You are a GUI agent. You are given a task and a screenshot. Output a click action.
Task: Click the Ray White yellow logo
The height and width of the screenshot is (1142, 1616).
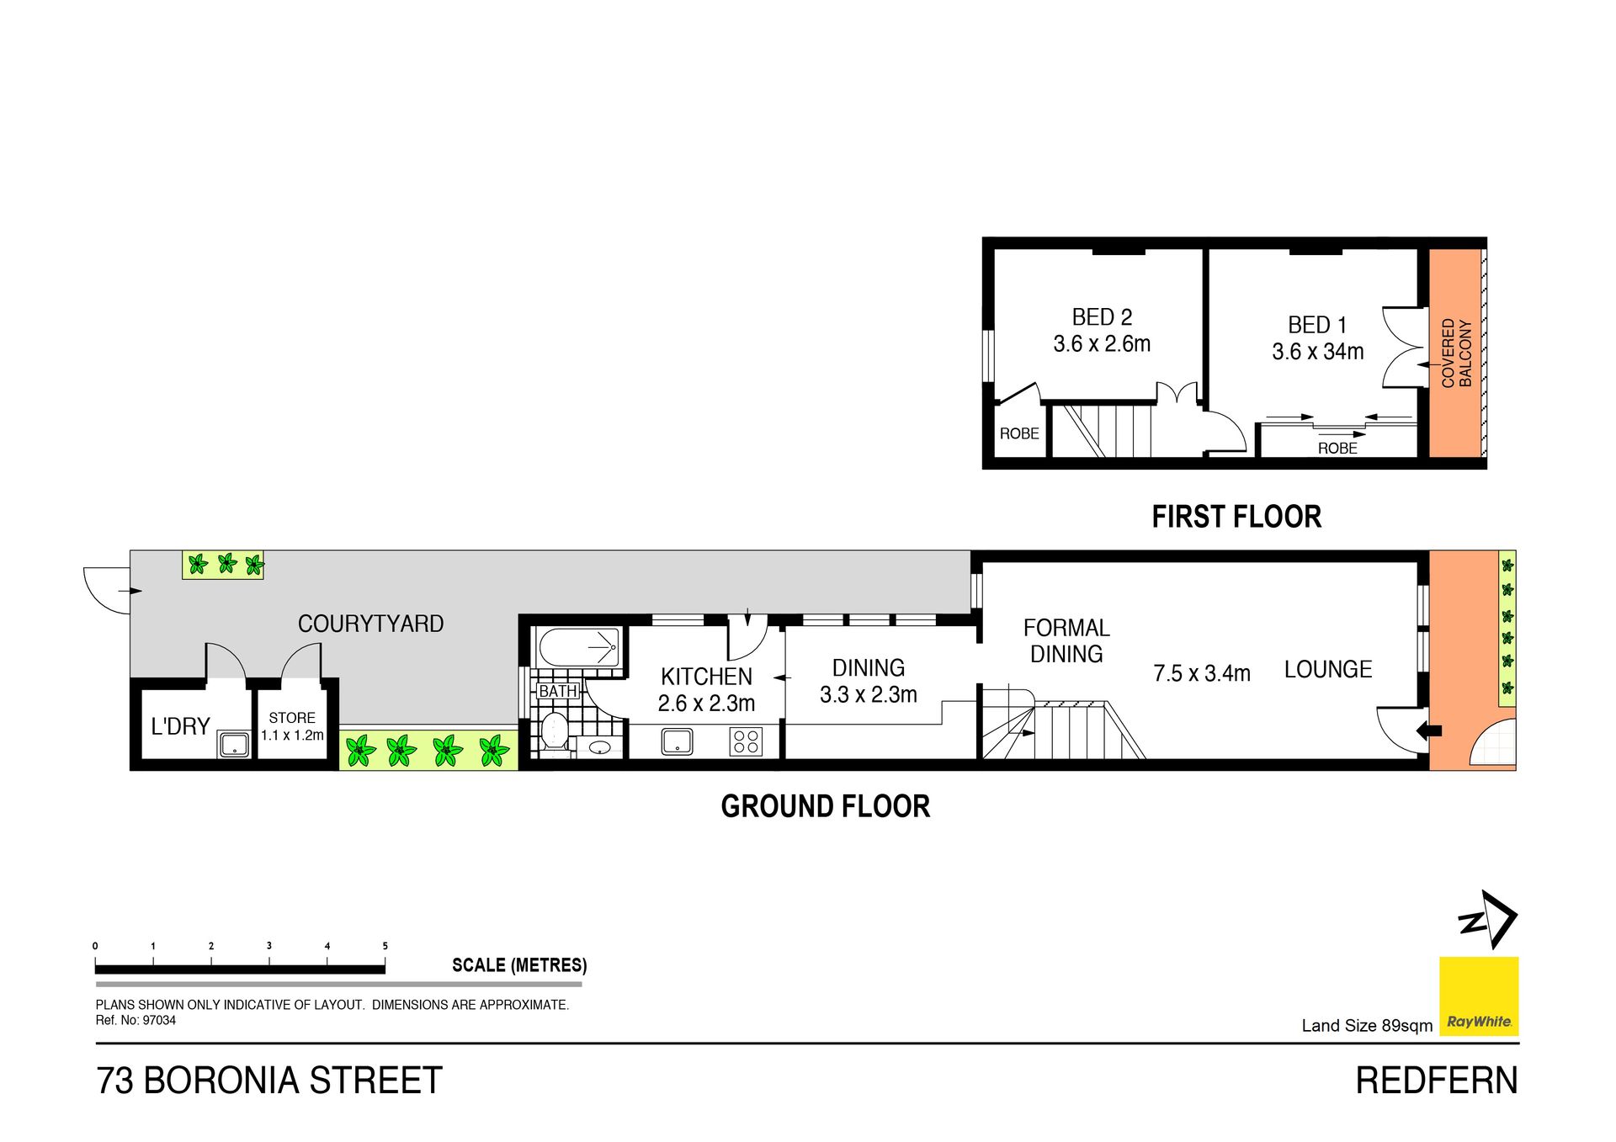point(1479,996)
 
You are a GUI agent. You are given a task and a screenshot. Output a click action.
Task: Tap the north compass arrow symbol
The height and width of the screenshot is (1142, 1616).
point(1487,919)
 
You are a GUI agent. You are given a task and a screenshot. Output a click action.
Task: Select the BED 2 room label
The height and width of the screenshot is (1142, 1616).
point(1102,317)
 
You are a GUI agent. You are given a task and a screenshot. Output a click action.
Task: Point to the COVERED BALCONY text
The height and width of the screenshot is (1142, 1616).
point(1457,353)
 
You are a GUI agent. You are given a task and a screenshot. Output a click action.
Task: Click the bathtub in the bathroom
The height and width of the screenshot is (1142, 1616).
point(580,647)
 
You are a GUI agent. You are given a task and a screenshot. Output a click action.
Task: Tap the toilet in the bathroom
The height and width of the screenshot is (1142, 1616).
point(554,731)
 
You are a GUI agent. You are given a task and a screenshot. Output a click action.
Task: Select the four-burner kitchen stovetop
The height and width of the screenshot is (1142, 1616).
point(747,741)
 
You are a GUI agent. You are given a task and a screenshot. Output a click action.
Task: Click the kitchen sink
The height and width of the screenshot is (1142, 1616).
point(677,741)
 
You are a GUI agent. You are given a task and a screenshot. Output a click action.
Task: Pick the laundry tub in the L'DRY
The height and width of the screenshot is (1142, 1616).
point(234,745)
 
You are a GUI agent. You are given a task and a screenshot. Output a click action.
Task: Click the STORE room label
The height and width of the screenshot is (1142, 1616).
point(292,718)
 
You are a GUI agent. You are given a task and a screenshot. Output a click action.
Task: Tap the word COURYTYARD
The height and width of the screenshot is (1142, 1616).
point(370,624)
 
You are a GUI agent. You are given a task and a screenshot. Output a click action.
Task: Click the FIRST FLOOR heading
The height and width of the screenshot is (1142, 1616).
point(1236,517)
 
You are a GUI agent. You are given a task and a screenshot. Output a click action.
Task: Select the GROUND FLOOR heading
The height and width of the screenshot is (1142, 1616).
point(826,806)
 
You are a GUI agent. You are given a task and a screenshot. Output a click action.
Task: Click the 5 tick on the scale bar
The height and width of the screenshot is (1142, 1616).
point(385,946)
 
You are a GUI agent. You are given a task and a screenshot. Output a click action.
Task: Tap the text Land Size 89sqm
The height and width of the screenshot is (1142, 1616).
point(1367,1025)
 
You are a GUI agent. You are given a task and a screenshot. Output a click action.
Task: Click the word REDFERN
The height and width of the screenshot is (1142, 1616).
point(1437,1081)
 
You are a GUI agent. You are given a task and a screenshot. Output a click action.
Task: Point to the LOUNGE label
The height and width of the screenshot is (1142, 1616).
point(1328,669)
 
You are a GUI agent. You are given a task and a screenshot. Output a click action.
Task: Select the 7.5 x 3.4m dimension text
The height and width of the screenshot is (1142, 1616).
point(1202,673)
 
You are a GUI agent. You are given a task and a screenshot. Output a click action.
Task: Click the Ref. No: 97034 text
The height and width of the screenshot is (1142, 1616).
point(136,1020)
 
